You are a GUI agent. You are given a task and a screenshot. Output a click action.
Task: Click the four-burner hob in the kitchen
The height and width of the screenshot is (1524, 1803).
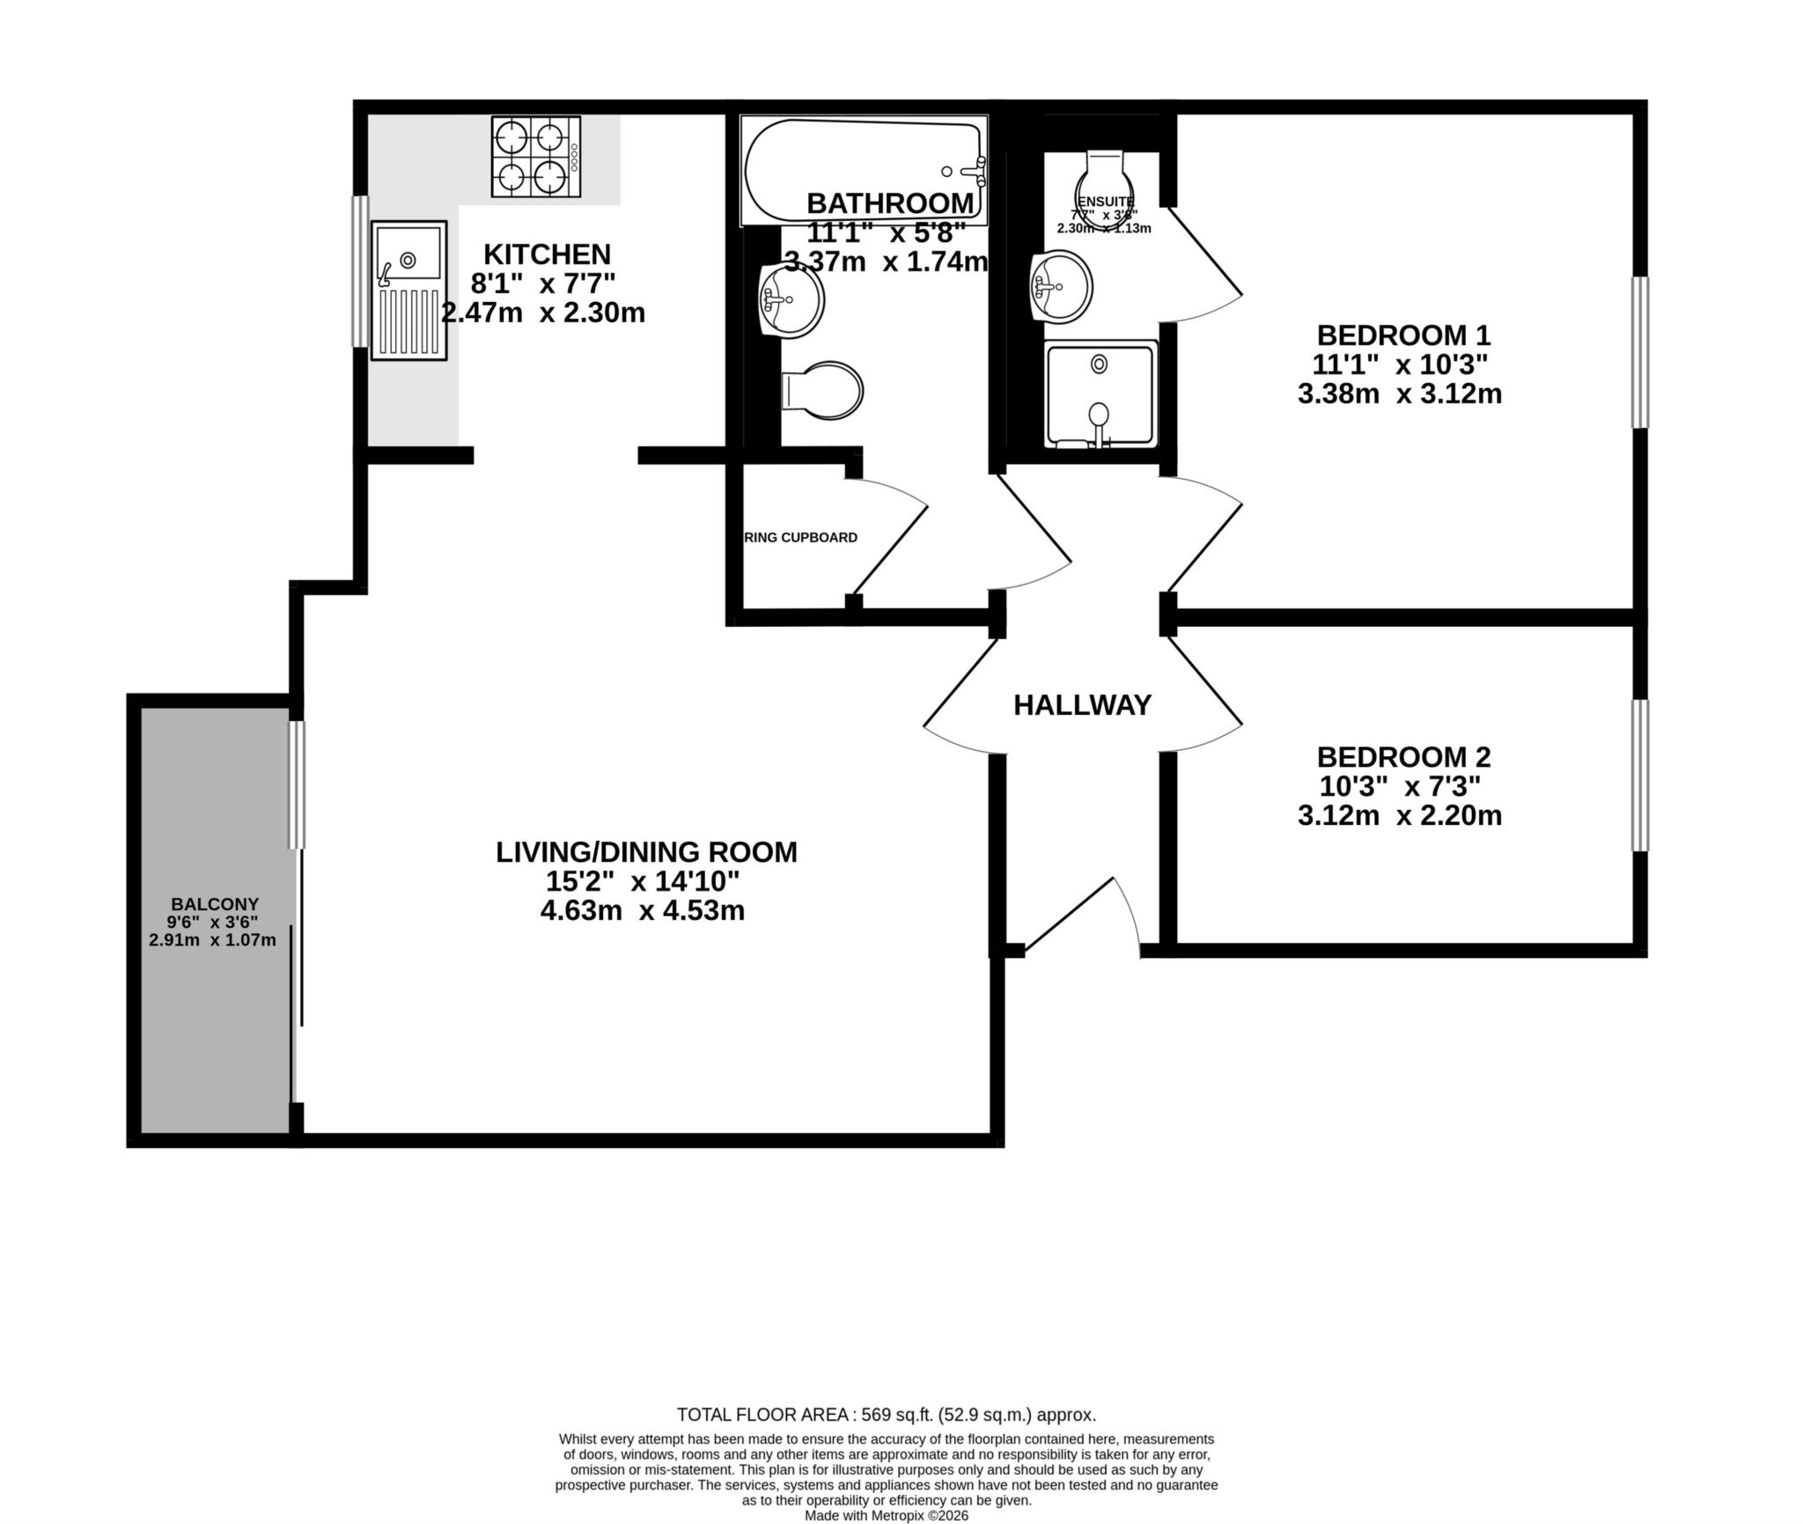(535, 157)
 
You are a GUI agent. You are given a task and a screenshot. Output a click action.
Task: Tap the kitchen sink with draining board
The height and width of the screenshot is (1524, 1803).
(408, 290)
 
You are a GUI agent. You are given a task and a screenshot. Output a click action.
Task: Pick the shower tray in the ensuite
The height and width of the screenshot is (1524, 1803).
(1099, 394)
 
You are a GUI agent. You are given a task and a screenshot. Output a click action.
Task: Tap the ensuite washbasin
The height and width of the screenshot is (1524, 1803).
(1061, 286)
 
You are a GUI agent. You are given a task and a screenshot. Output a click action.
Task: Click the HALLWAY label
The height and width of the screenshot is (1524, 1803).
(1082, 705)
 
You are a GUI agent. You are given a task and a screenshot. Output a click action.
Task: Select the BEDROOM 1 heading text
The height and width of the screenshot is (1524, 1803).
(1403, 335)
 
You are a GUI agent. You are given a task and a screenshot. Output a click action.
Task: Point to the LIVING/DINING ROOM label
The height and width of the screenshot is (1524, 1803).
(646, 851)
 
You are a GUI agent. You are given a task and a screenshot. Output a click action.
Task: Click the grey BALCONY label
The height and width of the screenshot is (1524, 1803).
(215, 903)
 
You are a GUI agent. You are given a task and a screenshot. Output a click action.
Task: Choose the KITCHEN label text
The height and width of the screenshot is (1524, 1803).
(547, 254)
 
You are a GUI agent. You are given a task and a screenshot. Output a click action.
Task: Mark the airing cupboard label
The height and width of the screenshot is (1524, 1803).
(800, 537)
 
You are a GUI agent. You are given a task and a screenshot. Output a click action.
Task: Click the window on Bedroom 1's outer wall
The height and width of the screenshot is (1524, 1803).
(1639, 352)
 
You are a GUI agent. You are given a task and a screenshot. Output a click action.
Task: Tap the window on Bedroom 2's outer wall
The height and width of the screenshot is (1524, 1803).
(1639, 775)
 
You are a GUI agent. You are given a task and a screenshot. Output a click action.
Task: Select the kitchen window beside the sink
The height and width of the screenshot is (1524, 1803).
(359, 271)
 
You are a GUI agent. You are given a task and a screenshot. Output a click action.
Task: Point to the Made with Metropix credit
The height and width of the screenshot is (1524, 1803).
(886, 1515)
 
